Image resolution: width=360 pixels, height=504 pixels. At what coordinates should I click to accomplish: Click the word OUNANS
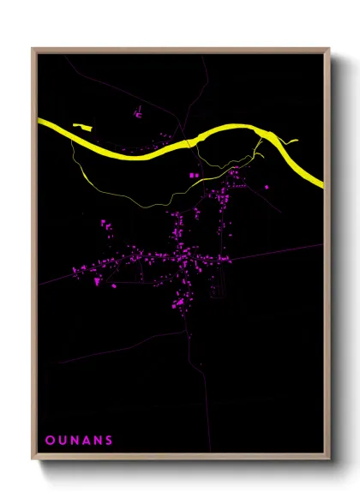click(79, 441)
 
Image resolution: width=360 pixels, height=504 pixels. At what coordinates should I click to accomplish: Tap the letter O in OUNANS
click(49, 441)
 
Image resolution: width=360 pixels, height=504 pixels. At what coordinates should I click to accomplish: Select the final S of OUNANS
click(109, 441)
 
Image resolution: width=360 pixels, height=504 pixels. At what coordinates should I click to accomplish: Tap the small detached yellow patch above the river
click(82, 127)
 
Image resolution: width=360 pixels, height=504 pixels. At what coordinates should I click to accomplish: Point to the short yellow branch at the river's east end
click(290, 141)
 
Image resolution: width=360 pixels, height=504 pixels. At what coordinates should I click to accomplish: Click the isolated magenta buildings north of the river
click(137, 112)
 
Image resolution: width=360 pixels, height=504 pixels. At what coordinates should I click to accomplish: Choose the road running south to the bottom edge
click(187, 386)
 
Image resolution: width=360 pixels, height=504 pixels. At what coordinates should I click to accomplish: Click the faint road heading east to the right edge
click(283, 249)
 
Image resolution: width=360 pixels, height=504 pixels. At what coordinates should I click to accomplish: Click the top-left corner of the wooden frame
click(33, 49)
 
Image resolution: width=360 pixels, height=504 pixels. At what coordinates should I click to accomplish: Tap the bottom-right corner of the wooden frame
click(329, 460)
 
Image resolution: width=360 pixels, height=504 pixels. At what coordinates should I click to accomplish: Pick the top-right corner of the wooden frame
click(329, 49)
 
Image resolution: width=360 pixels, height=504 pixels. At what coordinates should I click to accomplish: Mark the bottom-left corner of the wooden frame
click(33, 460)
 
